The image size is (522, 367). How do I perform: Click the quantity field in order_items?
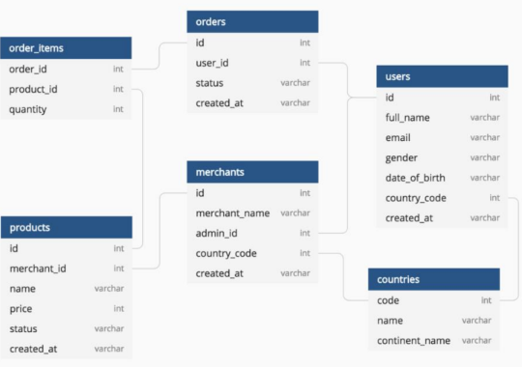point(28,109)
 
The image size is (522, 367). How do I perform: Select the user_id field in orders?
point(213,63)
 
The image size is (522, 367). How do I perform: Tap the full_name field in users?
point(407,118)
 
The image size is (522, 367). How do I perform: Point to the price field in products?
point(22,308)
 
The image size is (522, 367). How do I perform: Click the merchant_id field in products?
point(36,268)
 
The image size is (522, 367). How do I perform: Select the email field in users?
point(397,138)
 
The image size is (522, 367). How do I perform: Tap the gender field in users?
point(401,157)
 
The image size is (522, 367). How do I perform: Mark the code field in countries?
point(388,300)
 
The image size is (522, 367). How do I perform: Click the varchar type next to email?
point(484,138)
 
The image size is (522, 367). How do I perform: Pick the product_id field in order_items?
point(33,89)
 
